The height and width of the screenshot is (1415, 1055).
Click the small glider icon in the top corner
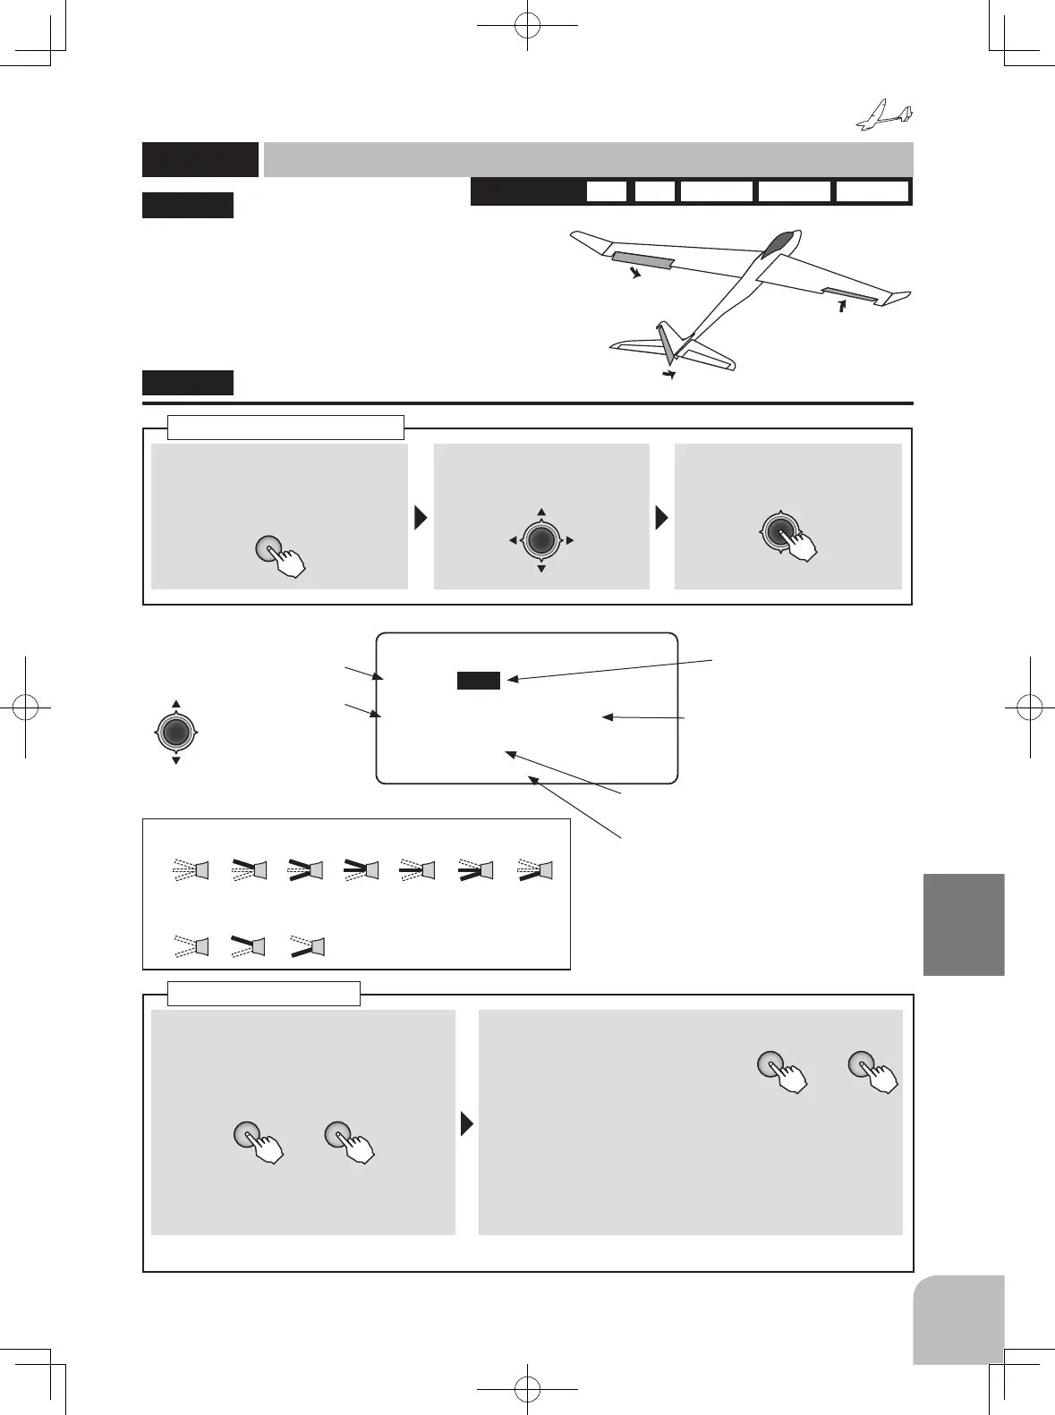point(885,115)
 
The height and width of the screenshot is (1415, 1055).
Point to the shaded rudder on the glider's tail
point(668,344)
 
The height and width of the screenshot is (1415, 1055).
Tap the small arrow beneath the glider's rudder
point(668,376)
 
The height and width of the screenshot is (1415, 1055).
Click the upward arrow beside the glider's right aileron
point(841,307)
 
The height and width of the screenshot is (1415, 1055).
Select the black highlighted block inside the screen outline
point(478,681)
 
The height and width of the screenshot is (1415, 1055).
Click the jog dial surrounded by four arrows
point(541,539)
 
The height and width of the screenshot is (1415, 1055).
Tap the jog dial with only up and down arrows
point(176,733)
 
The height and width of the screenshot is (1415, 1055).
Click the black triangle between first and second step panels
point(421,518)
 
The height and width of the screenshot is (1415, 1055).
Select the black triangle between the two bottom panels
point(466,1123)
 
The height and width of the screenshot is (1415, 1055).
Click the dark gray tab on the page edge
point(964,924)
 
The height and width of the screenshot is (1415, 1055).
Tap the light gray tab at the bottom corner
point(958,1319)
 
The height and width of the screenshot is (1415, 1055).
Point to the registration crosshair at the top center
point(528,26)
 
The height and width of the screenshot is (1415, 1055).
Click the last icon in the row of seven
point(536,869)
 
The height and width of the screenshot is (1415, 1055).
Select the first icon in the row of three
point(191,945)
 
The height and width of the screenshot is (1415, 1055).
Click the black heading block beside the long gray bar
point(200,160)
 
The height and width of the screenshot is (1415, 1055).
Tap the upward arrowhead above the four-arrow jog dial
point(541,513)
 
